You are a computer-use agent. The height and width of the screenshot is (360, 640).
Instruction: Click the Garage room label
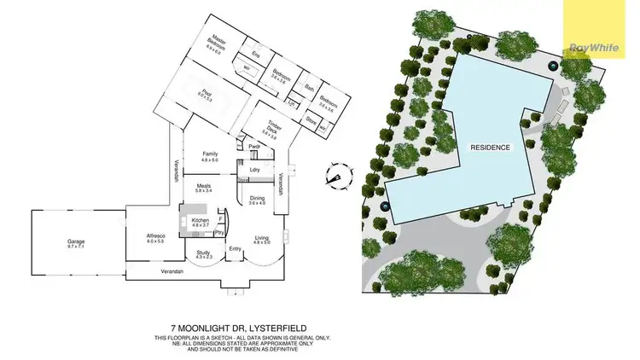(x=76, y=241)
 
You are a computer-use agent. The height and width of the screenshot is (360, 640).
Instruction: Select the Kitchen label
(x=201, y=220)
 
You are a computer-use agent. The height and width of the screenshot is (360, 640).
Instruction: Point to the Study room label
(x=203, y=253)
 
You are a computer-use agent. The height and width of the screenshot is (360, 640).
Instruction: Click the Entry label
(x=236, y=249)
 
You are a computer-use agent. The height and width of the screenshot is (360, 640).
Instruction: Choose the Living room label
(x=260, y=237)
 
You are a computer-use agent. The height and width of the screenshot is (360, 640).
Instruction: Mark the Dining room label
(x=258, y=197)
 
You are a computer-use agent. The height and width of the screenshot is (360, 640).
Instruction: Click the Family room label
(x=210, y=154)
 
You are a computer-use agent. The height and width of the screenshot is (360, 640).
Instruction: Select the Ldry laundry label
(x=254, y=168)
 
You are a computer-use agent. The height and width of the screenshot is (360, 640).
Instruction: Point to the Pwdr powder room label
(x=253, y=147)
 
